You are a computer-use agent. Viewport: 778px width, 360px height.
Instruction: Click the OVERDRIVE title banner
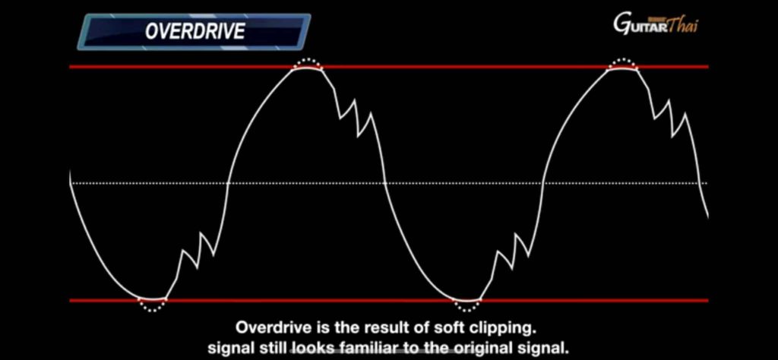[194, 32]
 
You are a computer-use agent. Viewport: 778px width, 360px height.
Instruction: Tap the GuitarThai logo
[655, 24]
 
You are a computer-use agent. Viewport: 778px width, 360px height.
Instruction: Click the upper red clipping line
[389, 66]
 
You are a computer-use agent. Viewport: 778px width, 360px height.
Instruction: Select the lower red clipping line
[389, 301]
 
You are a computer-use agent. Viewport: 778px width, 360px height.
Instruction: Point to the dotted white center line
[389, 184]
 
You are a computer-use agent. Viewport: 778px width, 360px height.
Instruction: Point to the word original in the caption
[491, 349]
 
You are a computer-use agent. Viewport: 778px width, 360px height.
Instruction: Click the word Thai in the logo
[682, 24]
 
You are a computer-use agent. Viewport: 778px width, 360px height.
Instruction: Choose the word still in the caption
[274, 348]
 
